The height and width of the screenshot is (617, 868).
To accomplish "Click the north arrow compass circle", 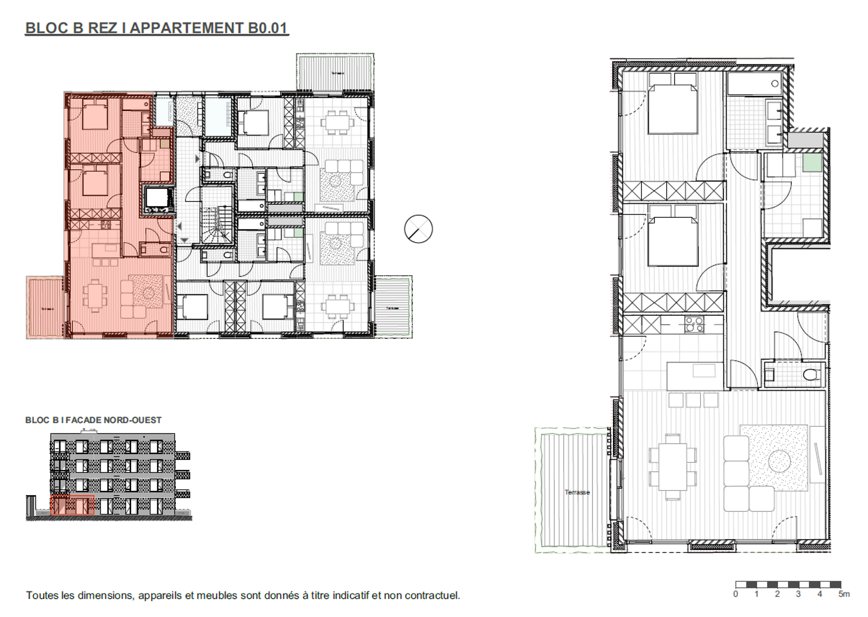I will (418, 229).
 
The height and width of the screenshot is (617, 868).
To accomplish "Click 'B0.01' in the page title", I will (267, 28).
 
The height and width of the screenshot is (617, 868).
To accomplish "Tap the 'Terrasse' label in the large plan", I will (577, 492).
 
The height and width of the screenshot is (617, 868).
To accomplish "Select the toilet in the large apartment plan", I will (809, 375).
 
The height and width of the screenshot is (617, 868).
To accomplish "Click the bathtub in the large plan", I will (754, 84).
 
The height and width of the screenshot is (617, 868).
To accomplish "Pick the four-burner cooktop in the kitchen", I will (694, 324).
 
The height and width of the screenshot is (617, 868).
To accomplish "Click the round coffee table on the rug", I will (779, 461).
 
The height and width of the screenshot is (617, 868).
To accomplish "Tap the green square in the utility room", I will (812, 163).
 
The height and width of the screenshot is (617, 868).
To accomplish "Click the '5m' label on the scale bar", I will (844, 594).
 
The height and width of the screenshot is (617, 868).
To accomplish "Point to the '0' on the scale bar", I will (736, 594).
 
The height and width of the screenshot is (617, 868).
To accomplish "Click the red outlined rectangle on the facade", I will (72, 505).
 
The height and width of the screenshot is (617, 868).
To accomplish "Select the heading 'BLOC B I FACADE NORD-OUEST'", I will (93, 420).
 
